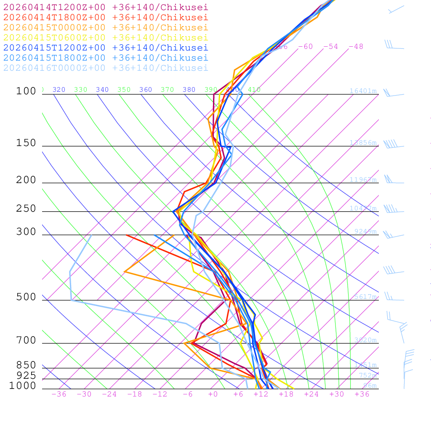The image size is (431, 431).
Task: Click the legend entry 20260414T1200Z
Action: pyautogui.click(x=106, y=7)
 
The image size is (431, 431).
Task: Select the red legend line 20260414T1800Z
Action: pyautogui.click(x=106, y=17)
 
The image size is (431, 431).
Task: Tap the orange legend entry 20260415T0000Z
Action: pyautogui.click(x=106, y=27)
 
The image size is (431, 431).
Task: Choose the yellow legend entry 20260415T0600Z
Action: pyautogui.click(x=106, y=37)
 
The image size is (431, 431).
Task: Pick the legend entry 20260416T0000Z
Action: pyautogui.click(x=106, y=68)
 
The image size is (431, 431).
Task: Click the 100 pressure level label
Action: pyautogui.click(x=26, y=91)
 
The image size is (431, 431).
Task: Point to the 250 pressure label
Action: pyautogui.click(x=26, y=209)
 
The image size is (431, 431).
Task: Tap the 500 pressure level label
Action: pyautogui.click(x=26, y=297)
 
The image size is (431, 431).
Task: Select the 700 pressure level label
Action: pyautogui.click(x=26, y=341)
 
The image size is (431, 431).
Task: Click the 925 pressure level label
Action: pyautogui.click(x=26, y=375)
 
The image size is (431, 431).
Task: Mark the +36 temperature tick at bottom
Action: pyautogui.click(x=362, y=394)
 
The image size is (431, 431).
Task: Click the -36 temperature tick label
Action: pyautogui.click(x=59, y=394)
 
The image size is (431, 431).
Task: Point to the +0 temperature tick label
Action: pyautogui.click(x=213, y=394)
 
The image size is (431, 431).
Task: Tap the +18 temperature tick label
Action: pyautogui.click(x=286, y=394)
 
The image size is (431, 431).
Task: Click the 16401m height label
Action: pyautogui.click(x=363, y=91)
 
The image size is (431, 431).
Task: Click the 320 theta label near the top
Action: pyautogui.click(x=59, y=90)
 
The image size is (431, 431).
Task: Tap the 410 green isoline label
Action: pyautogui.click(x=254, y=90)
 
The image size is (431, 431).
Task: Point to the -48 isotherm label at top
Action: pyautogui.click(x=356, y=47)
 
